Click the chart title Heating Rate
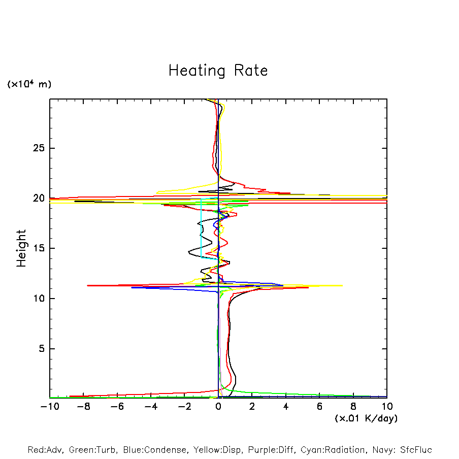[x=218, y=71]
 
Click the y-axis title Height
[x=21, y=248]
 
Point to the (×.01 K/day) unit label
[x=366, y=418]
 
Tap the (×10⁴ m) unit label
[x=29, y=84]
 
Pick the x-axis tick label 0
[x=218, y=407]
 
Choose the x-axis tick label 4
[x=286, y=407]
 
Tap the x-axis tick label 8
[x=353, y=407]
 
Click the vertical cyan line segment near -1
[x=202, y=228]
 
